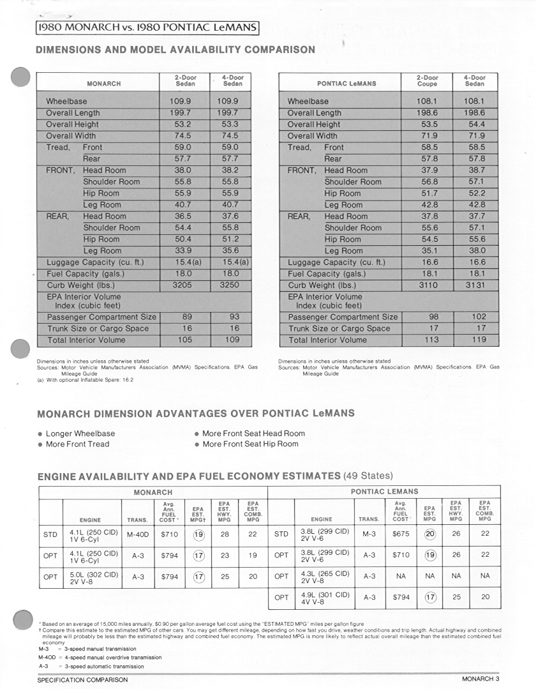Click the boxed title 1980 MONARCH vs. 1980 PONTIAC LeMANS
147,27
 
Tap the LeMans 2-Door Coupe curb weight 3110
428,285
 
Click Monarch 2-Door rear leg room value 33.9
183,251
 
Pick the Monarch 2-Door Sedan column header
185,80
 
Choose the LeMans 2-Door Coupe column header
428,80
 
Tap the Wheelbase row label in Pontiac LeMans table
308,102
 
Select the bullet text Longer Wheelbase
80,434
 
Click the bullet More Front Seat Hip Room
250,444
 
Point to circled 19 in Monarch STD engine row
198,534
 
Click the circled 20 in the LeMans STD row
430,534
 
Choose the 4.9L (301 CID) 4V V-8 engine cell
325,598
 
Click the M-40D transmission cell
137,534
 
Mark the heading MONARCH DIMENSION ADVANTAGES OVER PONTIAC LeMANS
196,413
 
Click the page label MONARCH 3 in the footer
480,679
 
